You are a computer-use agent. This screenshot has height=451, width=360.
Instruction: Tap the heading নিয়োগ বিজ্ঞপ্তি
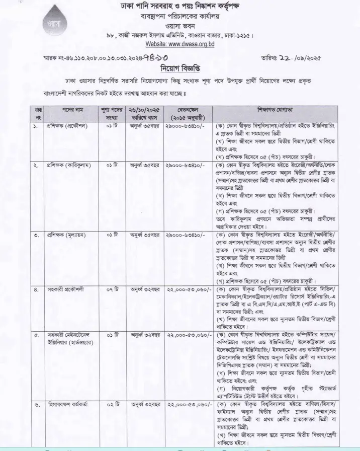(179, 67)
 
